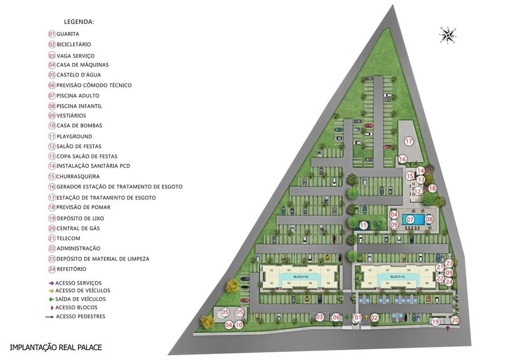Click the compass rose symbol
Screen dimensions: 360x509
coord(448,35)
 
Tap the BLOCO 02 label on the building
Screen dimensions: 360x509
coord(301,277)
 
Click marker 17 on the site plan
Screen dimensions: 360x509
coord(409,141)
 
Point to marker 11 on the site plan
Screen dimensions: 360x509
coord(363,225)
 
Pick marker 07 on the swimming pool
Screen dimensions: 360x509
coord(410,219)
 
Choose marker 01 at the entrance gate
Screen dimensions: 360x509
coord(358,318)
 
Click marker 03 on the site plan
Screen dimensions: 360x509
coord(320,317)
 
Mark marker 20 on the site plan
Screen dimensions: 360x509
coord(454,320)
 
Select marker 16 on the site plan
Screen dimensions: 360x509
coord(402,159)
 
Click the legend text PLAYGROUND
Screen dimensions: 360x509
coord(74,137)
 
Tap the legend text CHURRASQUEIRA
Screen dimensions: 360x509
coord(78,176)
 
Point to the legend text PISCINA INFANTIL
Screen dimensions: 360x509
coord(79,106)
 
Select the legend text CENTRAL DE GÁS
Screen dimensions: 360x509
coord(78,229)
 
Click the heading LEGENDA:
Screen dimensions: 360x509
coord(79,22)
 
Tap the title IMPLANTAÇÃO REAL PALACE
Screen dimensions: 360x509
coord(56,347)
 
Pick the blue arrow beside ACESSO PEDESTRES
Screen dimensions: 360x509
coord(50,317)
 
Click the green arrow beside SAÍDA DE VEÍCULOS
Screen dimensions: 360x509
coord(51,299)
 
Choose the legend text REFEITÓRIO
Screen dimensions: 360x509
coord(71,269)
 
